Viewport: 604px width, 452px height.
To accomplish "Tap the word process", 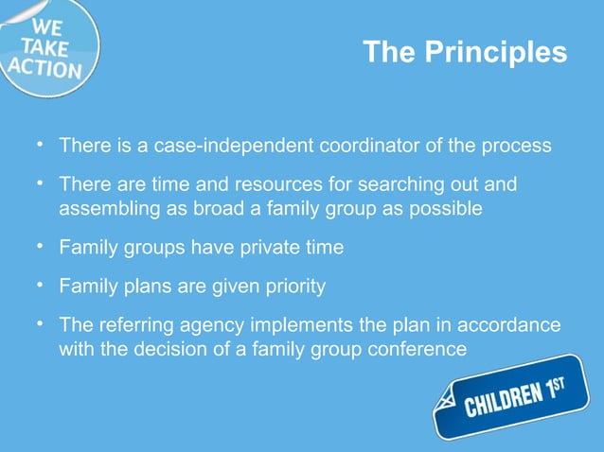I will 519,147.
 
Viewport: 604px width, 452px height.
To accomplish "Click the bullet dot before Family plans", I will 42,284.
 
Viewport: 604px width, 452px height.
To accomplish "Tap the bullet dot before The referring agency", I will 42,324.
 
